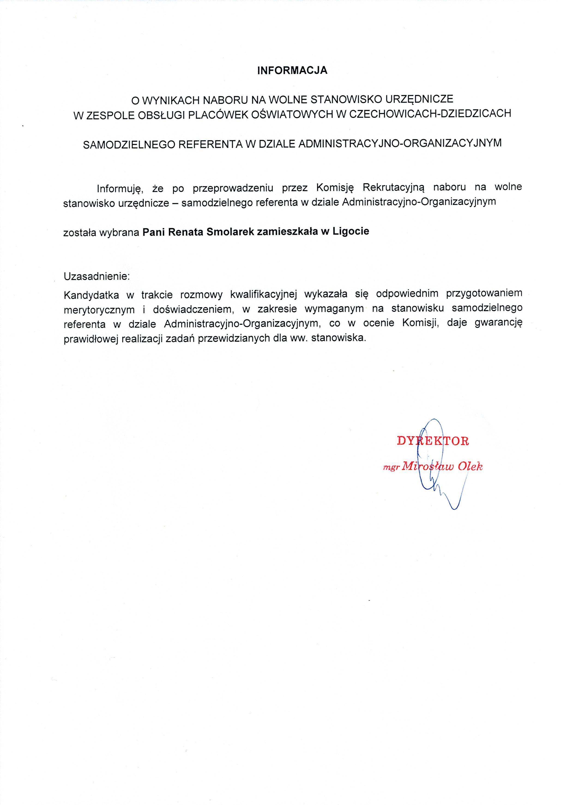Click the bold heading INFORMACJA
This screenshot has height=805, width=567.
(292, 70)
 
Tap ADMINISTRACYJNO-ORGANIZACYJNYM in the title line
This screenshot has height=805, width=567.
(400, 144)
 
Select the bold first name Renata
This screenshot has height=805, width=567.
(186, 232)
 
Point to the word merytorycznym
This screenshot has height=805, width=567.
(99, 309)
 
